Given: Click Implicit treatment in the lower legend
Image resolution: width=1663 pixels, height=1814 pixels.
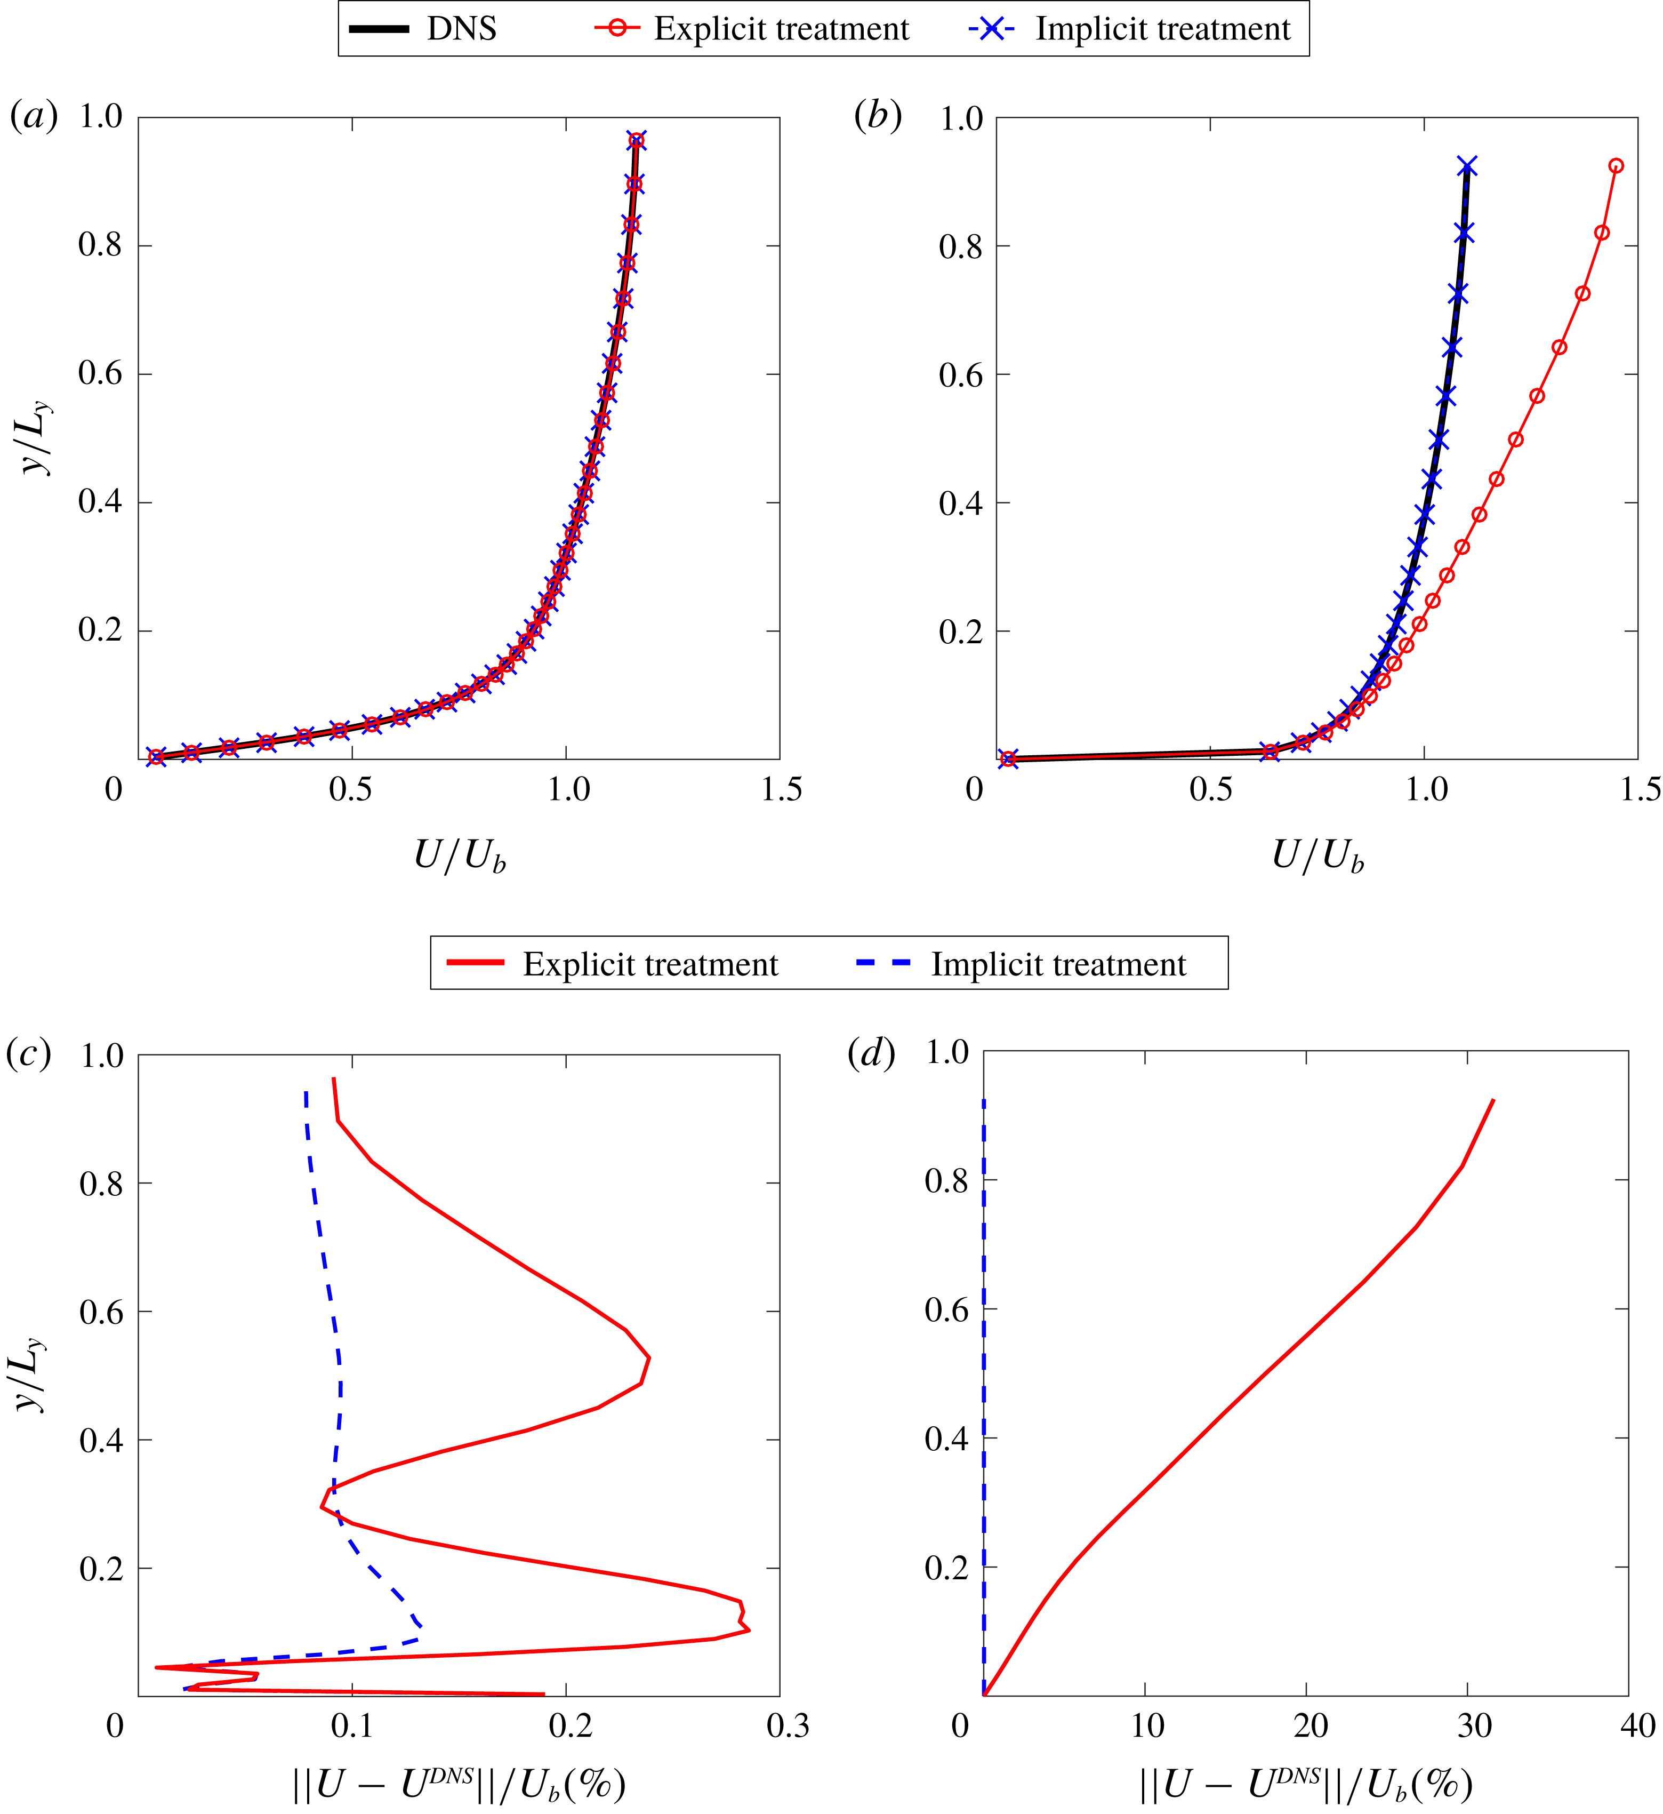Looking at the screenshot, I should [x=1057, y=964].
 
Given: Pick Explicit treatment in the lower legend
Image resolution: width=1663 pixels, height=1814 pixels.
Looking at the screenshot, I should [x=650, y=964].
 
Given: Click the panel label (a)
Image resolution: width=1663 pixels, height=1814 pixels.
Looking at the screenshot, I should [x=33, y=116].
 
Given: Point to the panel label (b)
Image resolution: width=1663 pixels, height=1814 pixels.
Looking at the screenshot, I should [x=878, y=116].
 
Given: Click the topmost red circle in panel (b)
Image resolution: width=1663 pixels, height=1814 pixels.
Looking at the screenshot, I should [x=1616, y=166].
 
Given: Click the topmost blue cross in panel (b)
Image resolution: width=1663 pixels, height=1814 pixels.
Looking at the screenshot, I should [x=1468, y=166].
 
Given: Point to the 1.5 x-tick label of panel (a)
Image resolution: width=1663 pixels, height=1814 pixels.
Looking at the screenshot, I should [x=780, y=789].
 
